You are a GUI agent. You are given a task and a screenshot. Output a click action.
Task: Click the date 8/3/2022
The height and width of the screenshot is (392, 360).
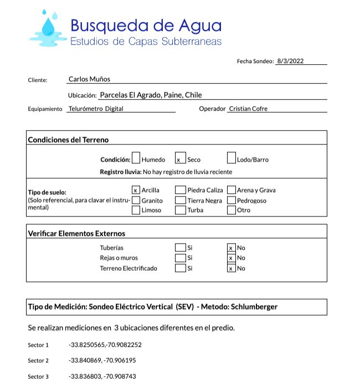tap(291, 61)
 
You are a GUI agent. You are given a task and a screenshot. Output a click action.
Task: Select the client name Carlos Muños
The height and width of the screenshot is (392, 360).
tap(89, 79)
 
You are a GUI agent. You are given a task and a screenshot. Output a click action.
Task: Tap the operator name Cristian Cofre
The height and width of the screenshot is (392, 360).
tap(248, 109)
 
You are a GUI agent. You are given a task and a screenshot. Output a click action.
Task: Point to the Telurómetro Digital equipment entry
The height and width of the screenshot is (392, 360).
tap(96, 109)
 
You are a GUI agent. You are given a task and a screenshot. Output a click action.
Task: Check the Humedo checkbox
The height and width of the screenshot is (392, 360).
tap(136, 158)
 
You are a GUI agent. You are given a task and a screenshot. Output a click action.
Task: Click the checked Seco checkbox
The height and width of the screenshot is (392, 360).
tap(179, 159)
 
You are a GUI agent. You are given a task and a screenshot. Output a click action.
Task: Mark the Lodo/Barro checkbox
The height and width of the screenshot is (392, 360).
tap(232, 158)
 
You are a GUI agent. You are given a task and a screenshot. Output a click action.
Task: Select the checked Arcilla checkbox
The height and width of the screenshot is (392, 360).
tap(136, 190)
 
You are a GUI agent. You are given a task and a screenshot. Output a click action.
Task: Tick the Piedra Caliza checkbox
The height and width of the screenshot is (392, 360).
tap(180, 190)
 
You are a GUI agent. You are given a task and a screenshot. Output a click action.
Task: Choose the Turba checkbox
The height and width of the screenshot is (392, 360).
tap(180, 210)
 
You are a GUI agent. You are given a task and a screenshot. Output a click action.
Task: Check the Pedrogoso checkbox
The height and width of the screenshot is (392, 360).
tap(232, 200)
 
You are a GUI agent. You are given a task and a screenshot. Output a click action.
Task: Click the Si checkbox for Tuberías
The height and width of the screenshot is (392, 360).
tap(180, 247)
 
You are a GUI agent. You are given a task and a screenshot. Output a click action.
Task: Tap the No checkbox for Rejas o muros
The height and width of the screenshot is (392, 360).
tap(232, 258)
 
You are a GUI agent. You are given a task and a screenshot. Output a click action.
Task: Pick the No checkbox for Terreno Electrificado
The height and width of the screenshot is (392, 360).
tap(232, 268)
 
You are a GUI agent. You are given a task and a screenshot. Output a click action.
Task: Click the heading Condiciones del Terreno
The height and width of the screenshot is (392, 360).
tap(68, 140)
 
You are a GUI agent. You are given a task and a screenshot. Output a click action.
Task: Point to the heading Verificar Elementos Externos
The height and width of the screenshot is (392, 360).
tap(76, 233)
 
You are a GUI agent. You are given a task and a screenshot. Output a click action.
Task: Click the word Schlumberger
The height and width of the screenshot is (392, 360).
tap(250, 307)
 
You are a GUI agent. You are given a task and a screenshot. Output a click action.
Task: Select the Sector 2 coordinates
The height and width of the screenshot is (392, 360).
tap(102, 360)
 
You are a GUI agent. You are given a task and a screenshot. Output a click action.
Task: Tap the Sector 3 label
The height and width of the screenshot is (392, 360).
tap(38, 376)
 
